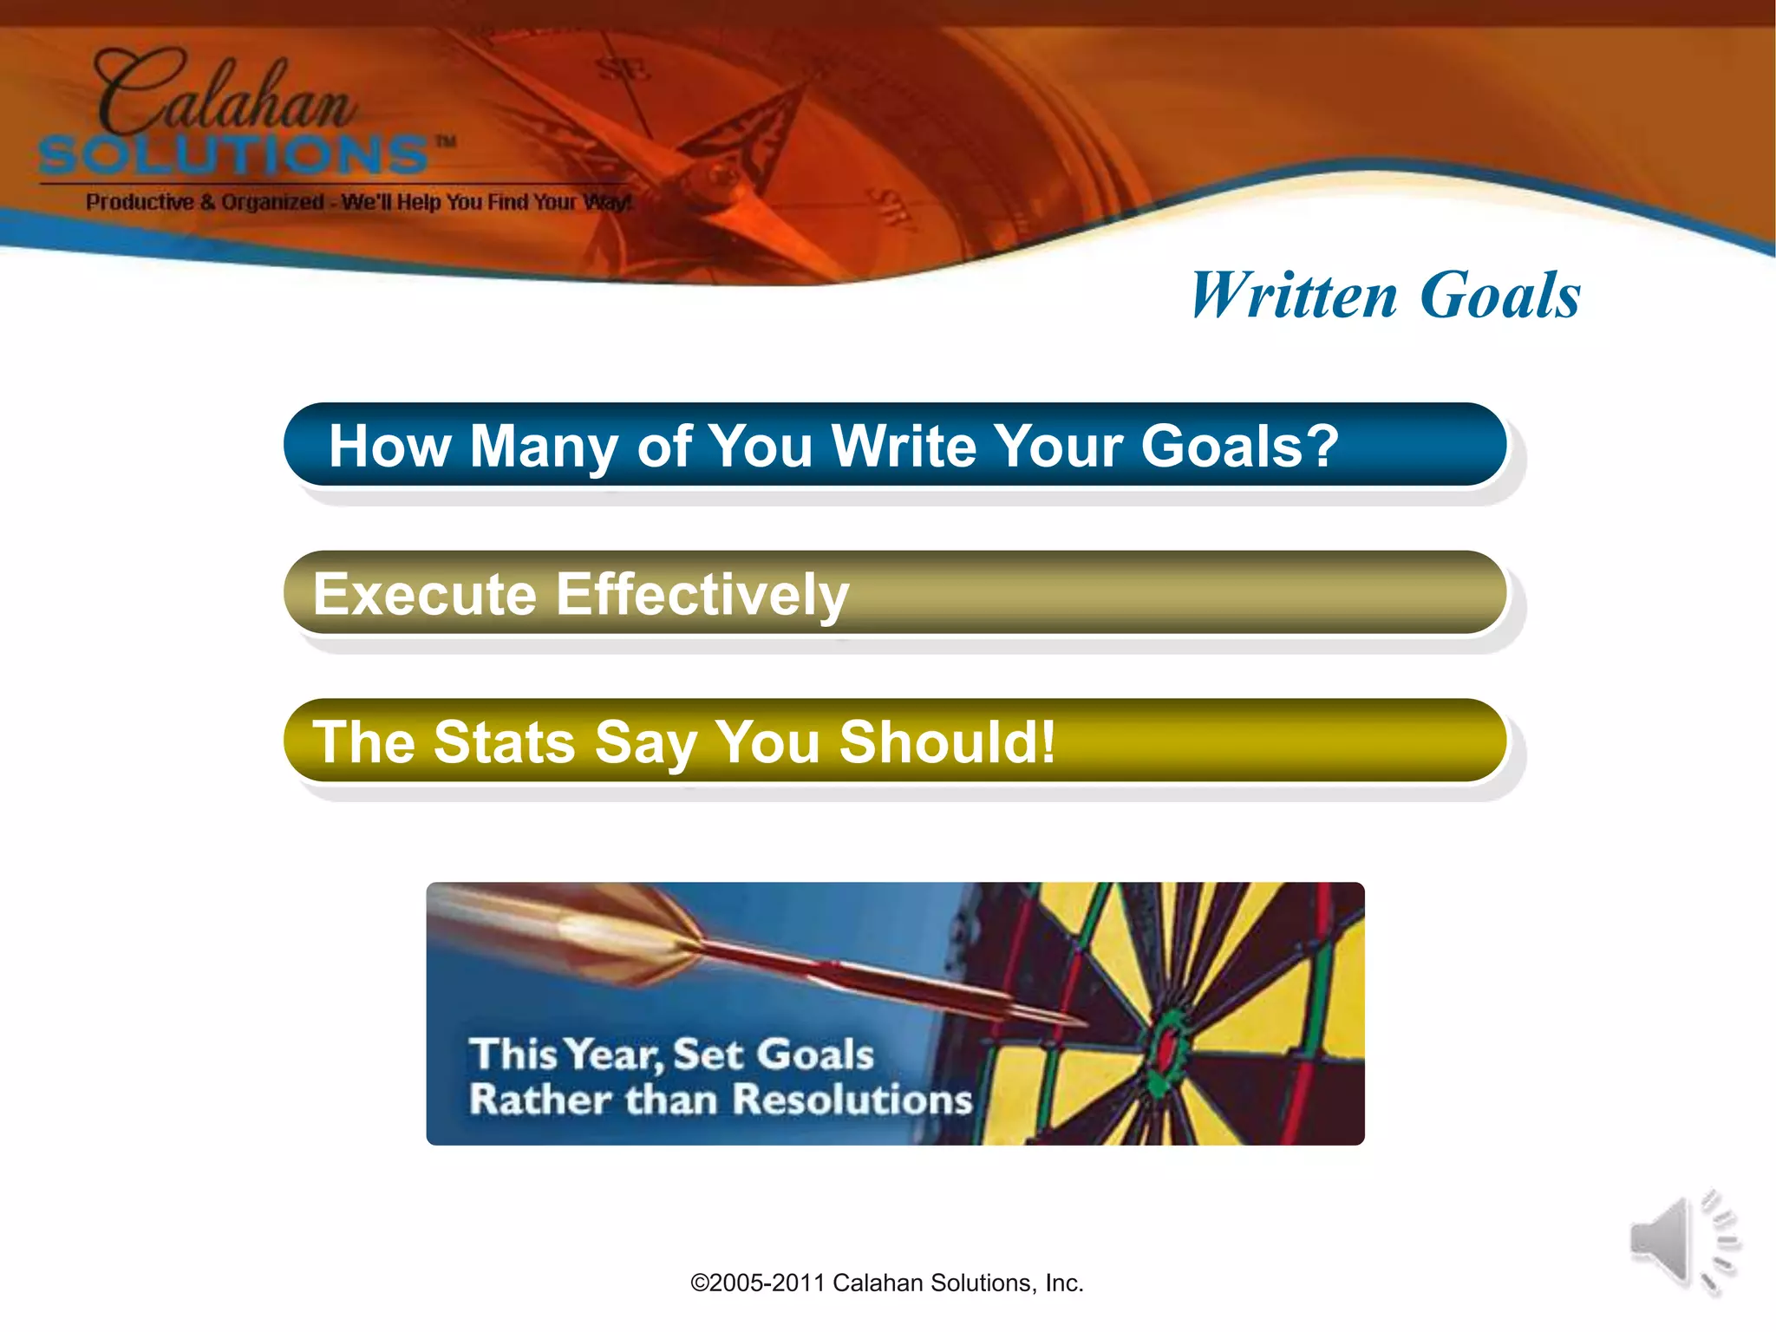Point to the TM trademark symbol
click(446, 141)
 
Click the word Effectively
click(702, 595)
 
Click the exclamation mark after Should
click(1048, 742)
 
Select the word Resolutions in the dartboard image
click(853, 1100)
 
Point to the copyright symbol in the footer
click(699, 1283)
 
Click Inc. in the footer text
click(1064, 1283)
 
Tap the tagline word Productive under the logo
click(140, 202)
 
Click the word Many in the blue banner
click(543, 446)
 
